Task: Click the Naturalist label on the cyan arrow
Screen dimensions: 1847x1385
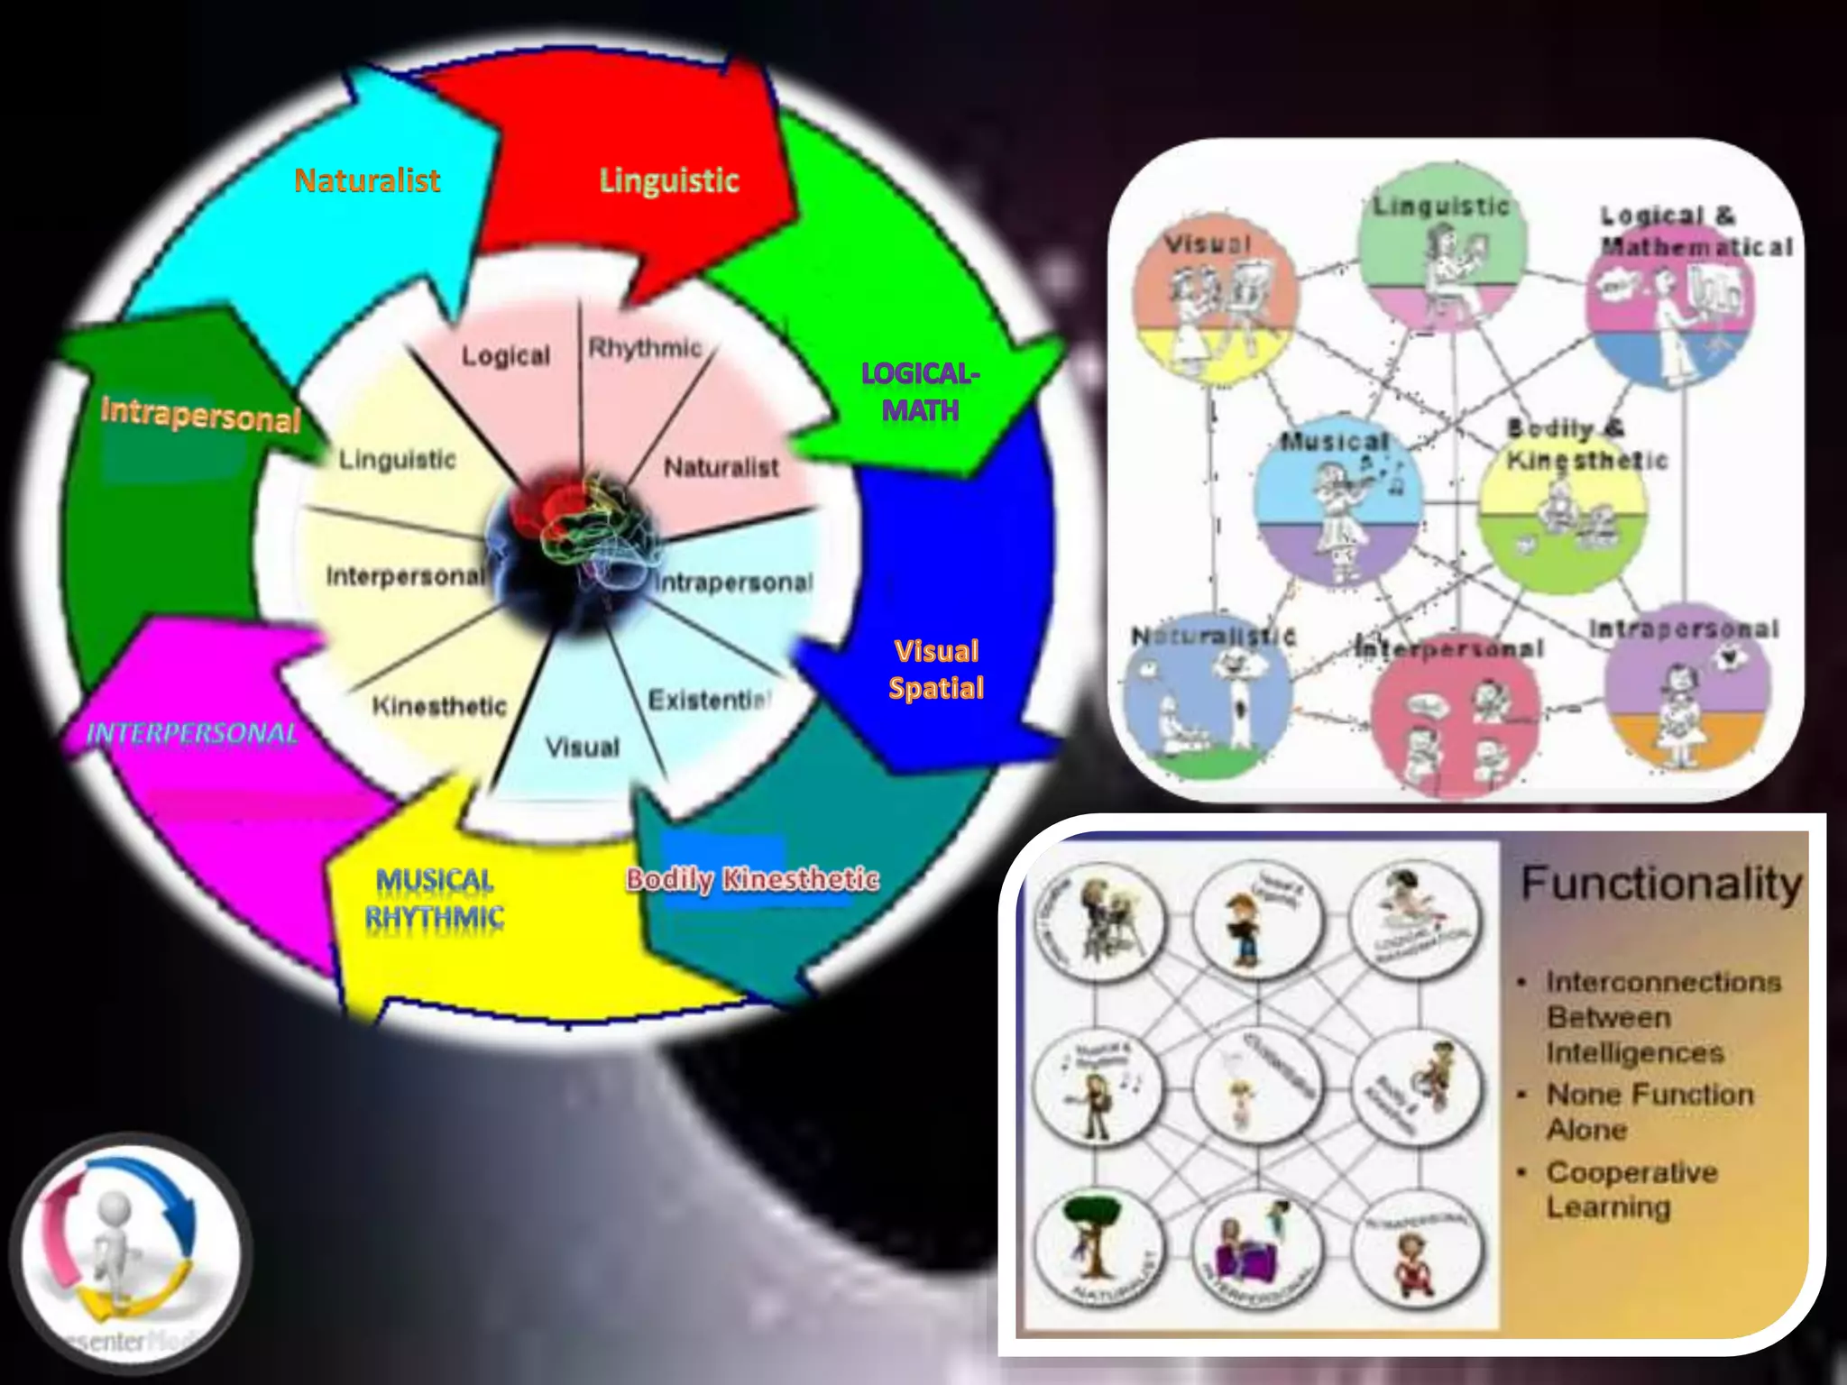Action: point(367,180)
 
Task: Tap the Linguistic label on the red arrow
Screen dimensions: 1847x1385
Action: point(669,180)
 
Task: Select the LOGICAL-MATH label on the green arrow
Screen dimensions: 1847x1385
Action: point(919,391)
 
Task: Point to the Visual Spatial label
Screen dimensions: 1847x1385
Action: point(936,669)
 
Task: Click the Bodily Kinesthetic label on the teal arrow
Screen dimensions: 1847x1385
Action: point(752,879)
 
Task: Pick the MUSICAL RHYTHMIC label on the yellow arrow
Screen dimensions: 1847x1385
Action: point(435,898)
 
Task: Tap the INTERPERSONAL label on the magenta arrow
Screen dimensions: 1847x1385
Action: point(191,733)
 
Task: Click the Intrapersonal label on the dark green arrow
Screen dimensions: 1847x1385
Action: point(200,415)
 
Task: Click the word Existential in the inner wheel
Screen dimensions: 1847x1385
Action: point(710,700)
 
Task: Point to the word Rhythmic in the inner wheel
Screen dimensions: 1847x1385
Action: point(645,348)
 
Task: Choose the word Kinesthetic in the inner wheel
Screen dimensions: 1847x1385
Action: point(439,706)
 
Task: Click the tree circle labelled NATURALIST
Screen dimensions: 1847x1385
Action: point(1098,1252)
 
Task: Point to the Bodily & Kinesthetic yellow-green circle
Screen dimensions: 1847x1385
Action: point(1563,509)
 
